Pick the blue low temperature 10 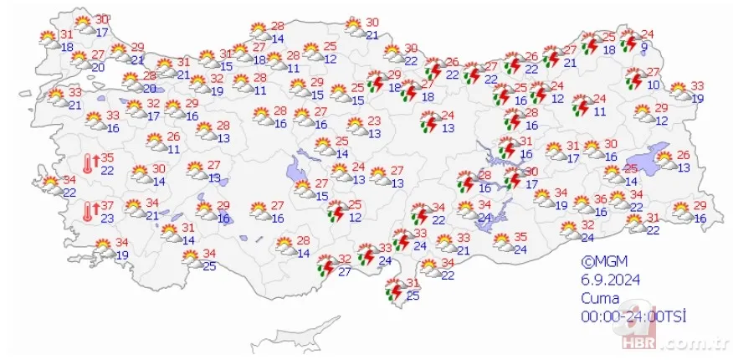(x=654, y=85)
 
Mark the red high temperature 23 (x=374, y=121)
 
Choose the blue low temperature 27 (x=345, y=271)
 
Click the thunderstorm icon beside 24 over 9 (x=628, y=40)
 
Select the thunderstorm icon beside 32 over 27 (x=325, y=266)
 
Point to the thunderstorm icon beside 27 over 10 (x=635, y=80)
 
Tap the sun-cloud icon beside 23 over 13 (x=355, y=127)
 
